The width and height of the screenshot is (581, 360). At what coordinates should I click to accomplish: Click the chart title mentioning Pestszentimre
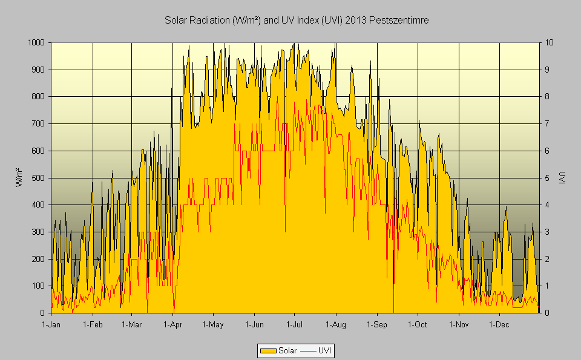(x=297, y=21)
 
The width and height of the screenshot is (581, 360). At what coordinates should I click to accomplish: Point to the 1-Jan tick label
(x=51, y=325)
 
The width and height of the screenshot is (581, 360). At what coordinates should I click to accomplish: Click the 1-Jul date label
(x=295, y=325)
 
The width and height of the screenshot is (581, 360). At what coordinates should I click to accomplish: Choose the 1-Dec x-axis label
(x=499, y=325)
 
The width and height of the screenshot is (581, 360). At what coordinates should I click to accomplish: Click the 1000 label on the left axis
(x=36, y=43)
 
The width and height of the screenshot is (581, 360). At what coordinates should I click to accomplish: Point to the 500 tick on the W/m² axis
(x=39, y=178)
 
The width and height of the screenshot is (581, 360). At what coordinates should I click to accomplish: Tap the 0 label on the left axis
(x=43, y=313)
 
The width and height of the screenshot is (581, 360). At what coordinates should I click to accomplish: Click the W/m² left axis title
(x=19, y=178)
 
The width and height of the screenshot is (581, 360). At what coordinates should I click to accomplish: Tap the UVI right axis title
(x=562, y=178)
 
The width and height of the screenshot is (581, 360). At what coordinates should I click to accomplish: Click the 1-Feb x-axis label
(x=93, y=325)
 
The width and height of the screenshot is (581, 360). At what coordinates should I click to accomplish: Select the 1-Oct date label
(x=418, y=325)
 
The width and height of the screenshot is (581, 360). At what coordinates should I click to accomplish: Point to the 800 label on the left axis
(x=39, y=97)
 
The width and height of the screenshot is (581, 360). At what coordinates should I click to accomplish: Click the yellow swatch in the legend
(x=268, y=350)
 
